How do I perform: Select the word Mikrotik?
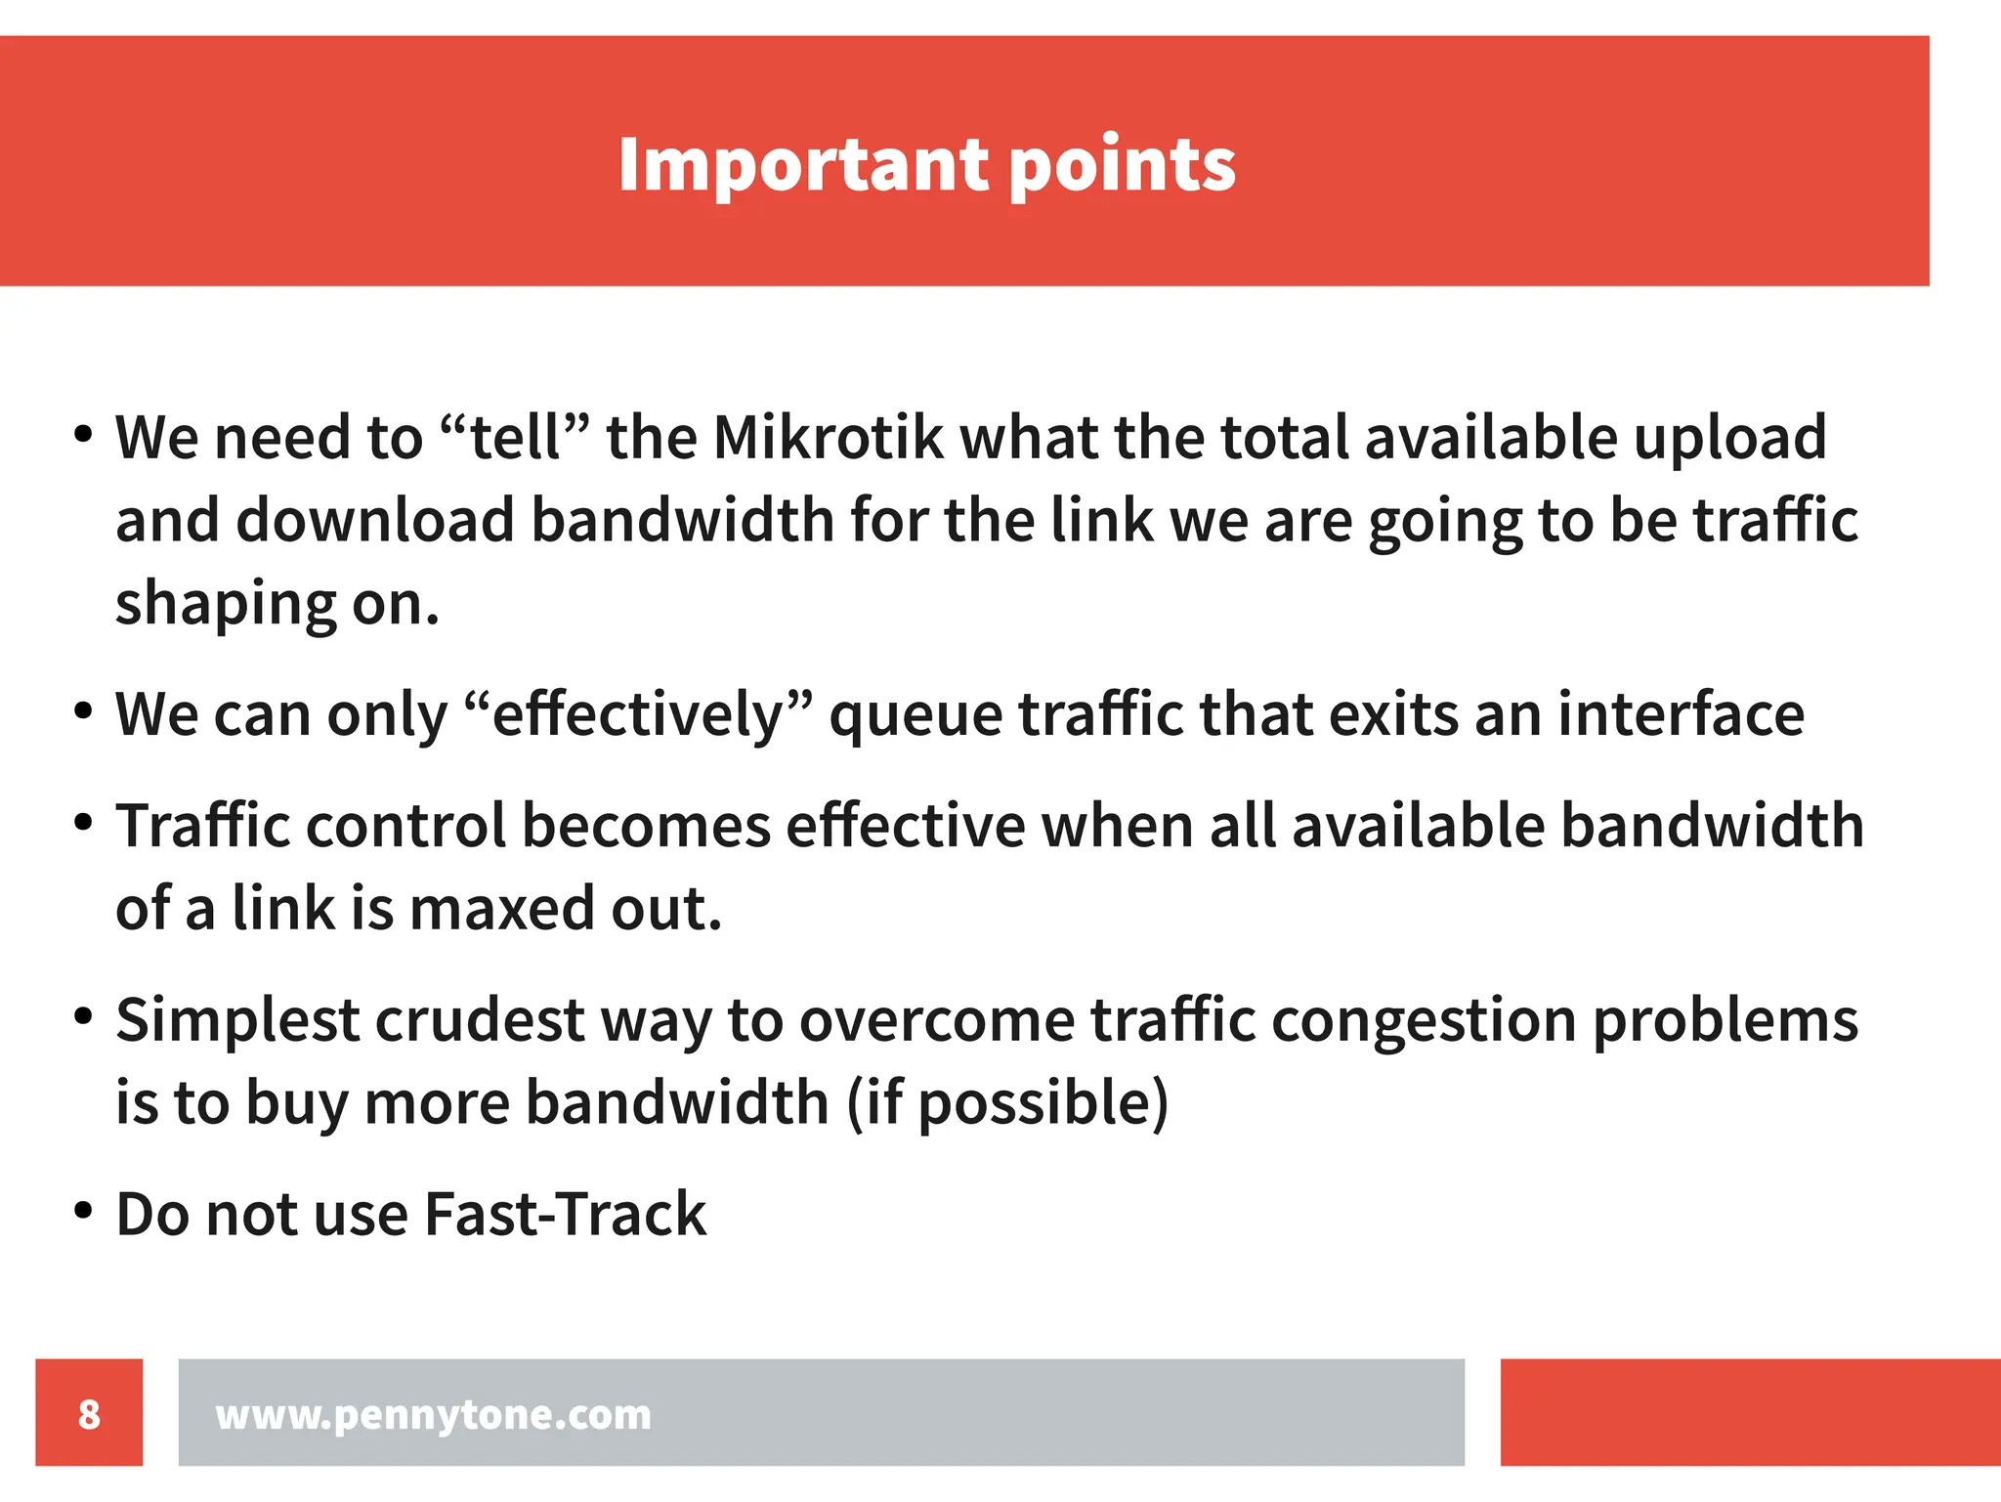829,437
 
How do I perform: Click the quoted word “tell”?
515,437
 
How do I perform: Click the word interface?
1681,714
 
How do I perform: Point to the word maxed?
502,909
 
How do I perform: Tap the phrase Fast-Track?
565,1215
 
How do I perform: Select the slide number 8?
89,1413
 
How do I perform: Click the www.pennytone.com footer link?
433,1414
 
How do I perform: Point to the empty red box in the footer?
1750,1412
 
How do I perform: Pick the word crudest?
480,1020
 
